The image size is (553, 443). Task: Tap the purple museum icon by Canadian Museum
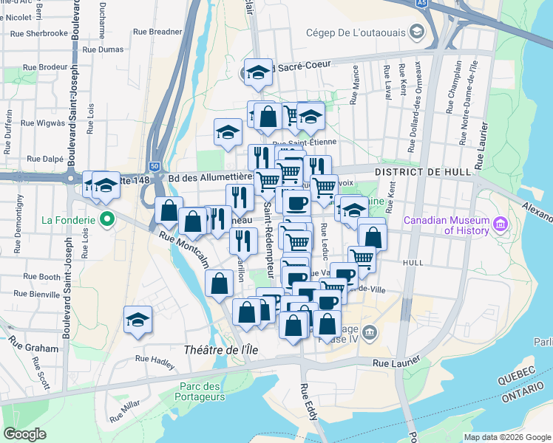point(501,224)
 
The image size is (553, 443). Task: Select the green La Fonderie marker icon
point(107,219)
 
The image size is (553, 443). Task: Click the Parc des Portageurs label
point(202,391)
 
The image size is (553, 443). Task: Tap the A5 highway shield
point(421,3)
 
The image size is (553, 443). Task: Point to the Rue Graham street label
point(33,347)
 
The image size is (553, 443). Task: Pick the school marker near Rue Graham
point(138,319)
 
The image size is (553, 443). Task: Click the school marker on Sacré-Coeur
point(258,72)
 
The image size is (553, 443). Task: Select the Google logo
point(25,434)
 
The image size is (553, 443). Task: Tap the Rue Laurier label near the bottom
point(391,362)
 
